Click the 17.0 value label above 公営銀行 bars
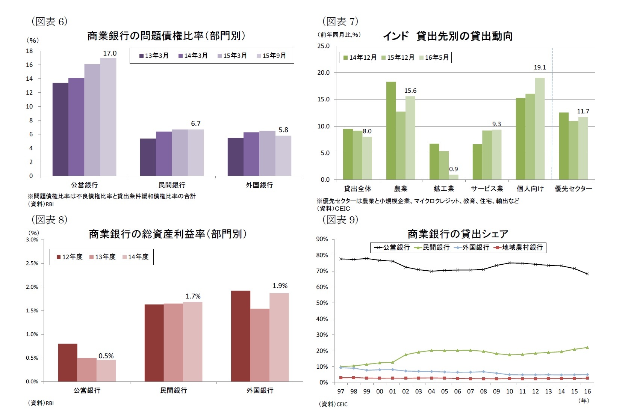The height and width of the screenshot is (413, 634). (110, 53)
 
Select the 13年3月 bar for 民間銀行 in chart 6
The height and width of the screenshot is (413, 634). (148, 157)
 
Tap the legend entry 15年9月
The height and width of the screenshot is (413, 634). (272, 56)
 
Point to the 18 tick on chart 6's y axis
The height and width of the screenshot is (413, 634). (29, 51)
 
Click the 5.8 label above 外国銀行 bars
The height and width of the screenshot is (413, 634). (283, 130)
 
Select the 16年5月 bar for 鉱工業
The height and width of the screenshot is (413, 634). (453, 177)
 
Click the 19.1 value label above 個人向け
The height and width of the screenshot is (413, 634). (540, 67)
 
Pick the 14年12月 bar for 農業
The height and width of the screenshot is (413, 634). (391, 131)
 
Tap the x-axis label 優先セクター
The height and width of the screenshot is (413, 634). (573, 189)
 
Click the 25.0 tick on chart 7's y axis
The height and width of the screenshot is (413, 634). (323, 46)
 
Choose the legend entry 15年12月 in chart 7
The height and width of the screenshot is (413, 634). (398, 57)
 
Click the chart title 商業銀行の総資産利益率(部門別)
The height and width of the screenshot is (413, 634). (168, 234)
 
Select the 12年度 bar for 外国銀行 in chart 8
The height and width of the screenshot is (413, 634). (241, 336)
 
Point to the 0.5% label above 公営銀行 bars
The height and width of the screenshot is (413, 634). (106, 356)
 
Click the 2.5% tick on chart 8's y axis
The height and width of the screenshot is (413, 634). (32, 263)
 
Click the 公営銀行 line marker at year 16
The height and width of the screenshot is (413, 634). (587, 274)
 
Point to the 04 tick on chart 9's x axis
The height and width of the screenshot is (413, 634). (431, 391)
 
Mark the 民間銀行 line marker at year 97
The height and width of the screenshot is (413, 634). (341, 366)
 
